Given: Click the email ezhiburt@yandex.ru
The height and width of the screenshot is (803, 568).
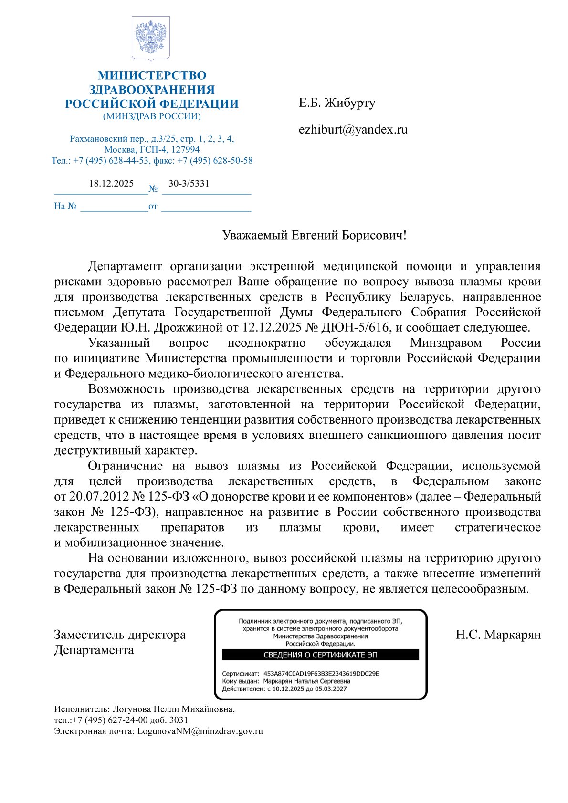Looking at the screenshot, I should click(x=353, y=130).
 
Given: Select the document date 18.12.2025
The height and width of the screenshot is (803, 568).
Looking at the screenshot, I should click(x=111, y=184).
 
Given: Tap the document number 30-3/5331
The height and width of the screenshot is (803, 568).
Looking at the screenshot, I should click(x=189, y=184).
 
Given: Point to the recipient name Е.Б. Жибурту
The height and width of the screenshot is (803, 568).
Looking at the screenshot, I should click(x=337, y=103).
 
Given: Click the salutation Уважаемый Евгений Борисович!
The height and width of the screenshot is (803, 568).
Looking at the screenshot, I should click(x=314, y=235).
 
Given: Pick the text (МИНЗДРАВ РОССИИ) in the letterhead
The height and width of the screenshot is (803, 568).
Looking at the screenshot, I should click(x=152, y=116).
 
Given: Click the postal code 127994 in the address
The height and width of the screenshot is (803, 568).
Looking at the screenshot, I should click(x=185, y=150).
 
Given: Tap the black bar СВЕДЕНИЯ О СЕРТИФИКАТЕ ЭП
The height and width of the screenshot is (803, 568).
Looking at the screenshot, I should click(x=320, y=655).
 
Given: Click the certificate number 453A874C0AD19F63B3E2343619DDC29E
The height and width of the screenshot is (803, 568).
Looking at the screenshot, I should click(x=321, y=674).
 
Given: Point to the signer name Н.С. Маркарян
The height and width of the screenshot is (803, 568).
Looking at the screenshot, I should click(x=498, y=635).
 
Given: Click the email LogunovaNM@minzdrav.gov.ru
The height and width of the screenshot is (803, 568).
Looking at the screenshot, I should click(x=200, y=731).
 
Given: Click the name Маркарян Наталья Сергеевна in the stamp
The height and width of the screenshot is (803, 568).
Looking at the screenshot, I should click(x=306, y=681).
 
